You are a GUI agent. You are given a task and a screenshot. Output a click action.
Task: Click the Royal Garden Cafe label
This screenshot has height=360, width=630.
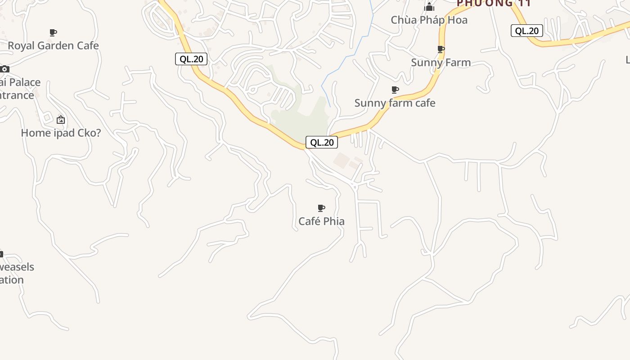pyautogui.click(x=53, y=45)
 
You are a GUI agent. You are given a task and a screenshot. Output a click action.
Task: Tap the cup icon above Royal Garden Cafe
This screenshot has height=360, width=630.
pyautogui.click(x=53, y=32)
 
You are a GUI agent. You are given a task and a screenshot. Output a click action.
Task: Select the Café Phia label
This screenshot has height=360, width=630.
pyautogui.click(x=321, y=221)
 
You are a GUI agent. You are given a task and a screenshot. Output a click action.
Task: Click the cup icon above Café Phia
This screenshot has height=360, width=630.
pyautogui.click(x=321, y=208)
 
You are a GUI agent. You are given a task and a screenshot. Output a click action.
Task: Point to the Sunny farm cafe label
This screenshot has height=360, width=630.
pyautogui.click(x=395, y=103)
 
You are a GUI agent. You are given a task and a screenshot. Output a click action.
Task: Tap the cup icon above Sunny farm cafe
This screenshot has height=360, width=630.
pyautogui.click(x=395, y=90)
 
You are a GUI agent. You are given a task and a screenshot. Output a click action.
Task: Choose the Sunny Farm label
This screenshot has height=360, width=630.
pyautogui.click(x=441, y=63)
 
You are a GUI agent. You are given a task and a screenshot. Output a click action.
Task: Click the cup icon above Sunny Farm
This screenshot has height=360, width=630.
pyautogui.click(x=441, y=49)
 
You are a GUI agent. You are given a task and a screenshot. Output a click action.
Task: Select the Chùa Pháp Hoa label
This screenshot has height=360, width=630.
pyautogui.click(x=429, y=20)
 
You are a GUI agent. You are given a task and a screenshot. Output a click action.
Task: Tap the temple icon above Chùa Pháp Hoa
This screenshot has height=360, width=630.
pyautogui.click(x=429, y=7)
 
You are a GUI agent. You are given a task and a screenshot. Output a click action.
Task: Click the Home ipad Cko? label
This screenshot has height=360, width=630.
pyautogui.click(x=61, y=133)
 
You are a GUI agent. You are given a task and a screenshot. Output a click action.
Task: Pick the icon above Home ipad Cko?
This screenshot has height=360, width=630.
pyautogui.click(x=61, y=120)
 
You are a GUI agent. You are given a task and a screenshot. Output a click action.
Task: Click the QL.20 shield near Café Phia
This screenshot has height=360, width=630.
pyautogui.click(x=322, y=142)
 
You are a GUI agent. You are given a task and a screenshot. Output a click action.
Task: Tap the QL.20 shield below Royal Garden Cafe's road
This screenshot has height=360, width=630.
pyautogui.click(x=191, y=59)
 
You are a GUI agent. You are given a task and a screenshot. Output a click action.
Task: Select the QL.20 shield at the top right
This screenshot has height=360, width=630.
pyautogui.click(x=526, y=31)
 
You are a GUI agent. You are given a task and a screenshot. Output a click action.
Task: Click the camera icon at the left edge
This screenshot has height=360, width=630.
pyautogui.click(x=4, y=69)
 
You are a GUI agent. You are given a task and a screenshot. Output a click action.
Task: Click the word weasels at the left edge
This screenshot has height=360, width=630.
pyautogui.click(x=17, y=267)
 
